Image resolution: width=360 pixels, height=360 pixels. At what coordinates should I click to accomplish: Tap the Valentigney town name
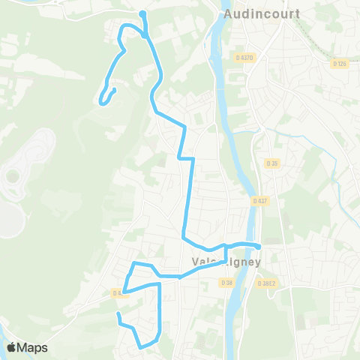[226, 262]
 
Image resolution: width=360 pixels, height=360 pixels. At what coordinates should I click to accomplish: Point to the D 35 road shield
[271, 163]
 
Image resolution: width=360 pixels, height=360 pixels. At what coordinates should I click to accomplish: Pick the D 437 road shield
[259, 201]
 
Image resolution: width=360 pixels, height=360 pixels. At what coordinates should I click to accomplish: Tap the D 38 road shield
[226, 282]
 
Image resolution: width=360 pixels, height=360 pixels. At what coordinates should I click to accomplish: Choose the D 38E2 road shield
[267, 283]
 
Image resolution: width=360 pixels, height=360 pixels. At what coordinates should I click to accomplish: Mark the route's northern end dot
[142, 13]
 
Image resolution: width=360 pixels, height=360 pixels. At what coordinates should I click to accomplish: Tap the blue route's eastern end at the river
[258, 246]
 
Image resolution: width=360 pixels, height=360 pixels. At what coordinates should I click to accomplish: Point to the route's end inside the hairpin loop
[114, 90]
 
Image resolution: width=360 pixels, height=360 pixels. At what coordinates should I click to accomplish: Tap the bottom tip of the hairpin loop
[100, 99]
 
